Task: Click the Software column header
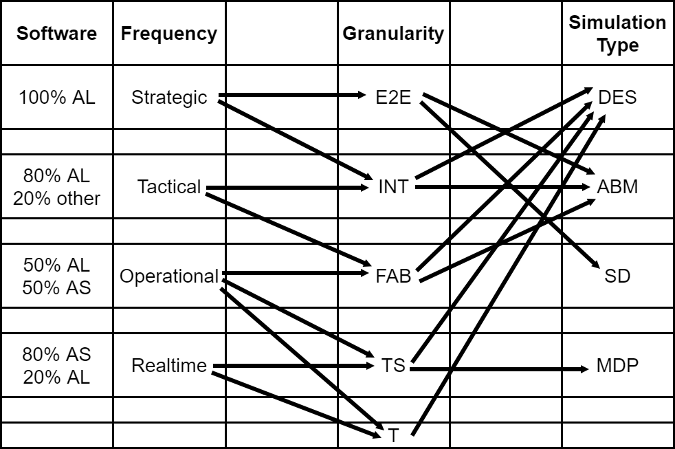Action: tap(57, 33)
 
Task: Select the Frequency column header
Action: tap(169, 34)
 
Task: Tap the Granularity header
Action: tap(393, 34)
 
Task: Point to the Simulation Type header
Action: tap(618, 34)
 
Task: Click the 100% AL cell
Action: tap(57, 97)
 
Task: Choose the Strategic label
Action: tap(169, 98)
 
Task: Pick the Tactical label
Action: tap(169, 187)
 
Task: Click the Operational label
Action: tap(169, 276)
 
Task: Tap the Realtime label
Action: tap(169, 366)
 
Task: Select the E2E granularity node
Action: tap(393, 97)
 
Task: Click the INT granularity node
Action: tap(393, 187)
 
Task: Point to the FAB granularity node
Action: tap(393, 276)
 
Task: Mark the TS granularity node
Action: tap(393, 366)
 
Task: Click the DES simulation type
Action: tap(618, 97)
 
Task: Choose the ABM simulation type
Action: tap(618, 187)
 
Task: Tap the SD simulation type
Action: tap(618, 276)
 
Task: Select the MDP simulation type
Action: tap(618, 366)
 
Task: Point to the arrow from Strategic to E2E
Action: tap(292, 95)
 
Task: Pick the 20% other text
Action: tap(57, 199)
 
